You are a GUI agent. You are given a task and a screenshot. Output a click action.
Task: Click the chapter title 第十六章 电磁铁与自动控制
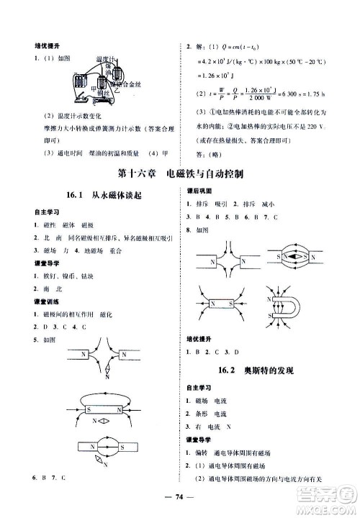[180, 173]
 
